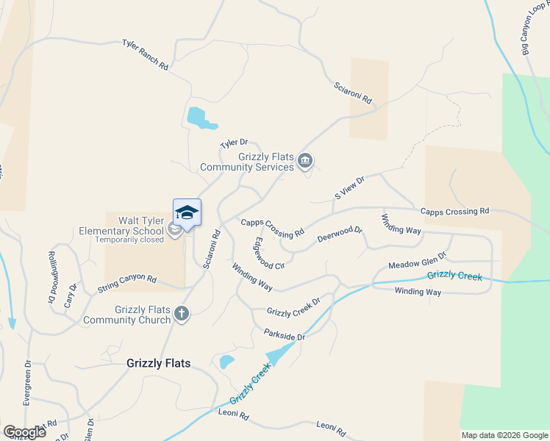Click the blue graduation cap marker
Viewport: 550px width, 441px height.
tap(187, 213)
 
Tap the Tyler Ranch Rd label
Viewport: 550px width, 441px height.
tap(145, 55)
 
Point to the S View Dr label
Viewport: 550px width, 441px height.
tap(349, 187)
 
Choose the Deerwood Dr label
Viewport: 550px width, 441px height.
tap(340, 235)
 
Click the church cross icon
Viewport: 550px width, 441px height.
tap(182, 315)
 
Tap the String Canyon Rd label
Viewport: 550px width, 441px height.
tap(126, 284)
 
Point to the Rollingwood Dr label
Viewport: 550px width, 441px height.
tap(52, 277)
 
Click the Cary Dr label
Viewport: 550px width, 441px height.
tap(70, 297)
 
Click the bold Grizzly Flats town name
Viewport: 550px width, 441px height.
tap(158, 363)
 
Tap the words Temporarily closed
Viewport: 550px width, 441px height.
tap(129, 240)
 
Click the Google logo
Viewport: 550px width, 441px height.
tap(24, 432)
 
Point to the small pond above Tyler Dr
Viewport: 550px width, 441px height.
tap(196, 116)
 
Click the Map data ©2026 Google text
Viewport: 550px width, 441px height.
tap(504, 435)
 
